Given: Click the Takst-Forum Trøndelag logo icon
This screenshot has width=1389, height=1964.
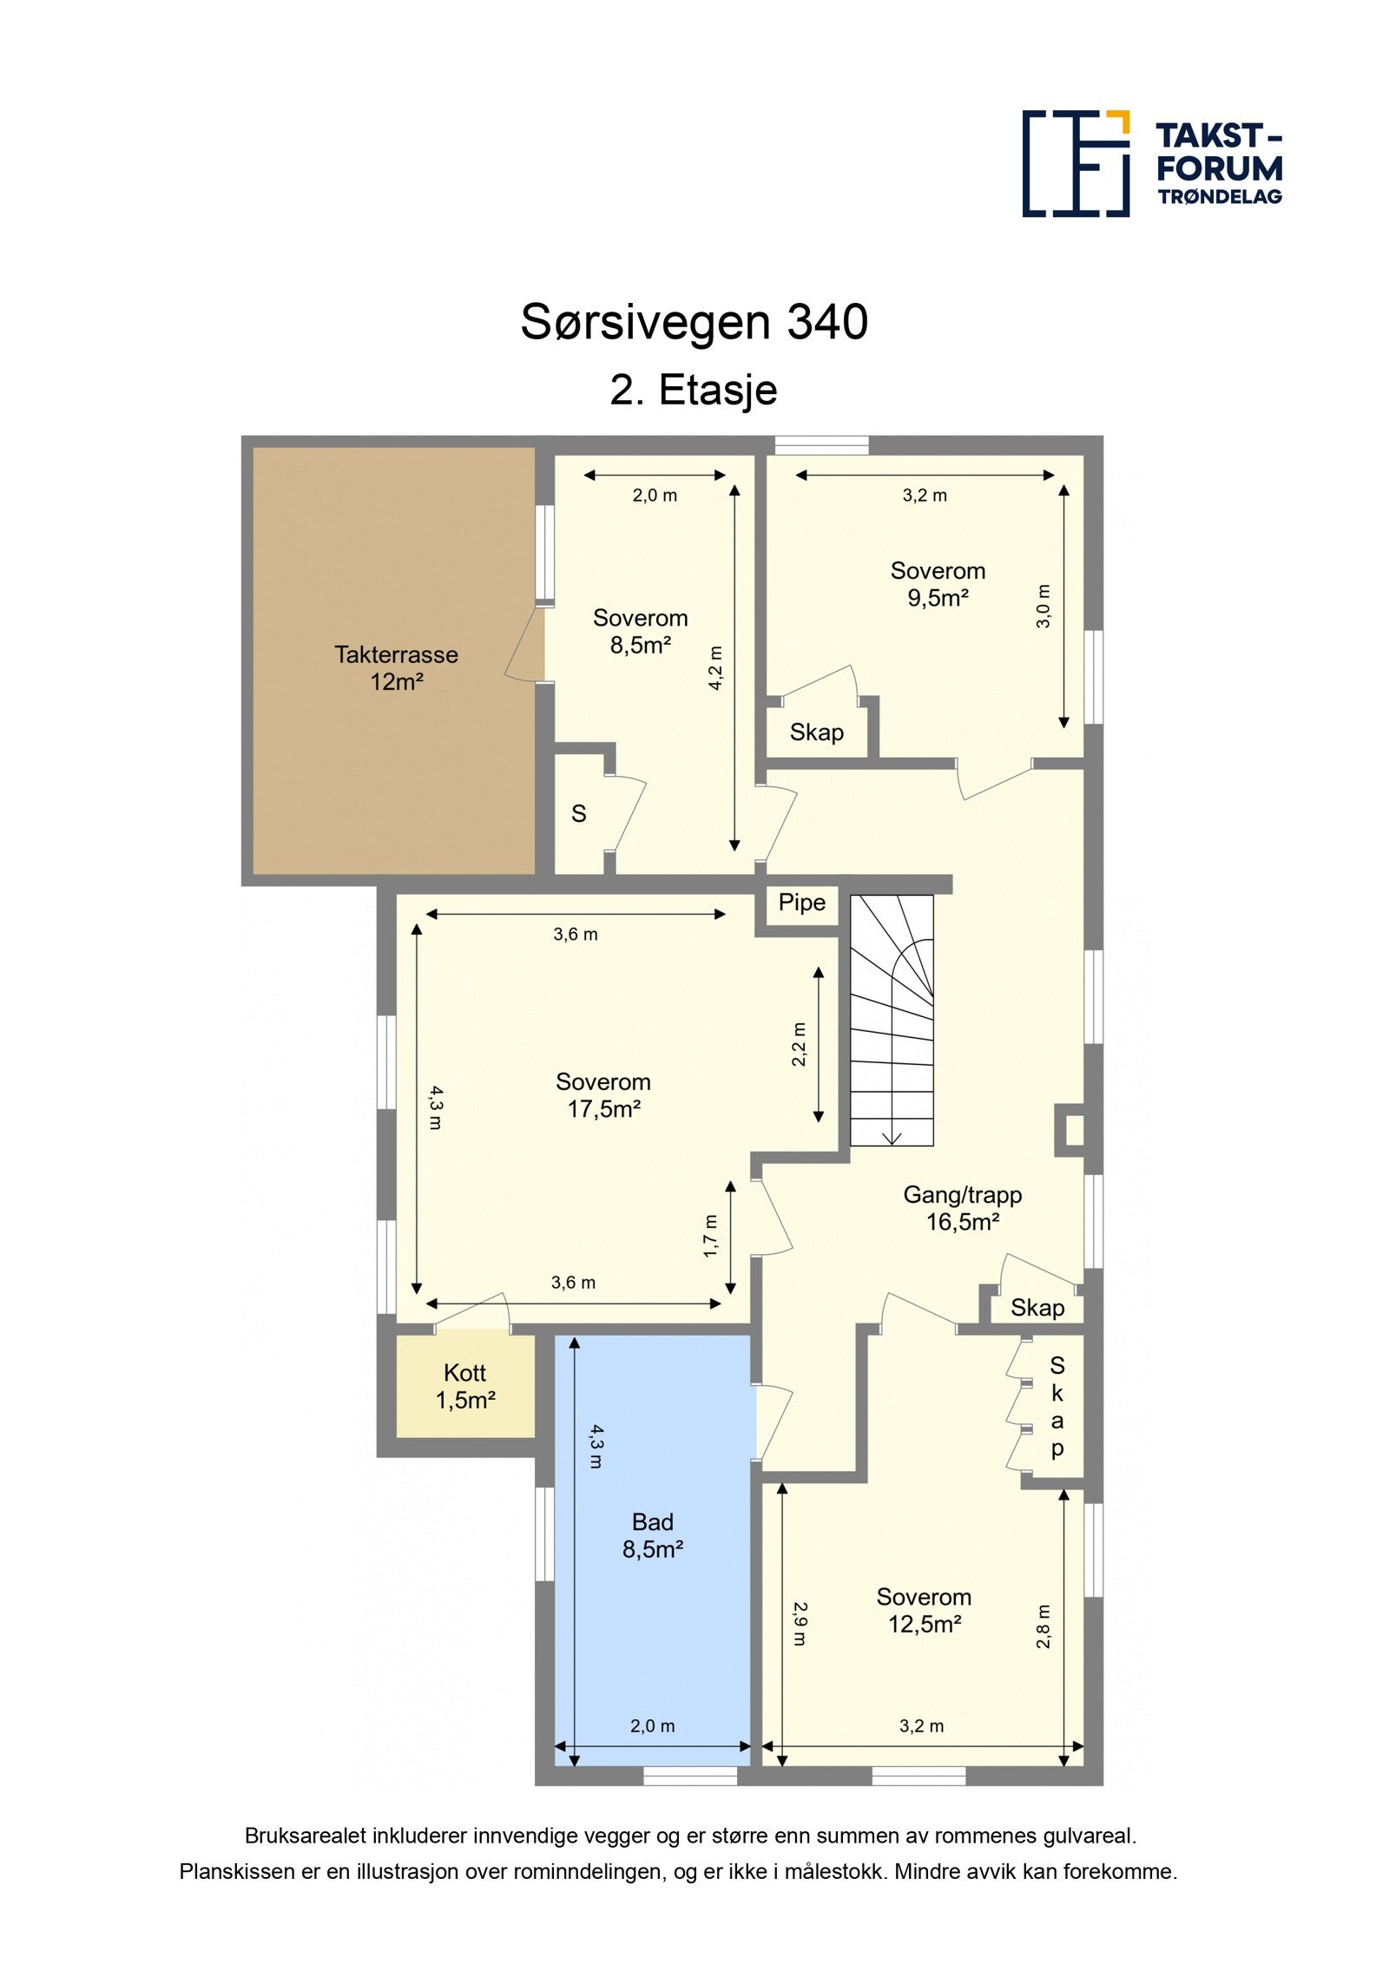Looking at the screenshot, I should [x=1075, y=163].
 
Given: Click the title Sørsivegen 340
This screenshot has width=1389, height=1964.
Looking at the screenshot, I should [x=694, y=322].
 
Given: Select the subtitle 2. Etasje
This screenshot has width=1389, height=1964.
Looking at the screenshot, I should [x=693, y=390].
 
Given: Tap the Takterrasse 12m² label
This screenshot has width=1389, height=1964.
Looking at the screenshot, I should [x=396, y=667].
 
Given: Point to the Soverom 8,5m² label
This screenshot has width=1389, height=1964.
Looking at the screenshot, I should [x=640, y=631].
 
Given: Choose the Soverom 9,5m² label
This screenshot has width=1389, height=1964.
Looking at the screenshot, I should [x=938, y=584].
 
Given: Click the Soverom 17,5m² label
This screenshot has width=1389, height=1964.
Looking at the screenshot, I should [x=603, y=1094].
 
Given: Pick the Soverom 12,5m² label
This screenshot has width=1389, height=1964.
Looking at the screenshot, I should [x=924, y=1610].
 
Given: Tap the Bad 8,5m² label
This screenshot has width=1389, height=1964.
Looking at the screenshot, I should [x=653, y=1535].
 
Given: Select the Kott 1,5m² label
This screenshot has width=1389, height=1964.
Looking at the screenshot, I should [x=464, y=1386].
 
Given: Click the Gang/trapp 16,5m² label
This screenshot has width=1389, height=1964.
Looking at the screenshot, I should [x=962, y=1207].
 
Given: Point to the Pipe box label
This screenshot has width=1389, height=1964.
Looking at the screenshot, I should [x=801, y=903].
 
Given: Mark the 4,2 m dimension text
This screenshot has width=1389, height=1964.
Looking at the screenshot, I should [x=715, y=667].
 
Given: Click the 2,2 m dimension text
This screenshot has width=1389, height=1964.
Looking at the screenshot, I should [x=800, y=1044].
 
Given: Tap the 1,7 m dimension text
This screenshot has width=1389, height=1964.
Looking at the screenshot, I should [x=711, y=1236].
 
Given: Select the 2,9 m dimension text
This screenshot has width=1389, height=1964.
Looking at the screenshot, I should [x=800, y=1624].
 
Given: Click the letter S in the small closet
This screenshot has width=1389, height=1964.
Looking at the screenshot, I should [x=578, y=814].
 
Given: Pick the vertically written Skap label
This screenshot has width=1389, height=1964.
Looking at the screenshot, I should [x=1057, y=1407].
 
